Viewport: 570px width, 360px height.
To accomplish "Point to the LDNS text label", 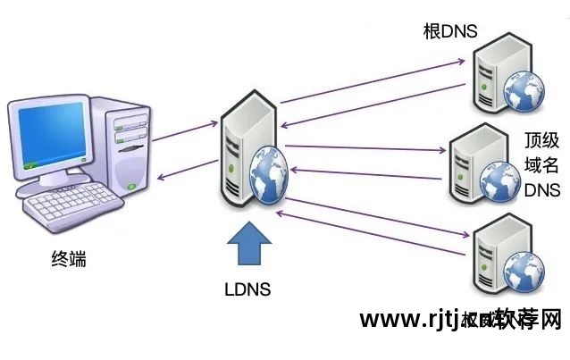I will point(247,289).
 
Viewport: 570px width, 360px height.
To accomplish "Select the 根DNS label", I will point(450,32).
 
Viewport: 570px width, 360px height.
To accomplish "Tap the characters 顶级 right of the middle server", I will point(541,140).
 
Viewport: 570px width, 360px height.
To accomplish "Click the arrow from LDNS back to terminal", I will point(188,168).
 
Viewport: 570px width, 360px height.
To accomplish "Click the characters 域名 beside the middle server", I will point(541,164).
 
